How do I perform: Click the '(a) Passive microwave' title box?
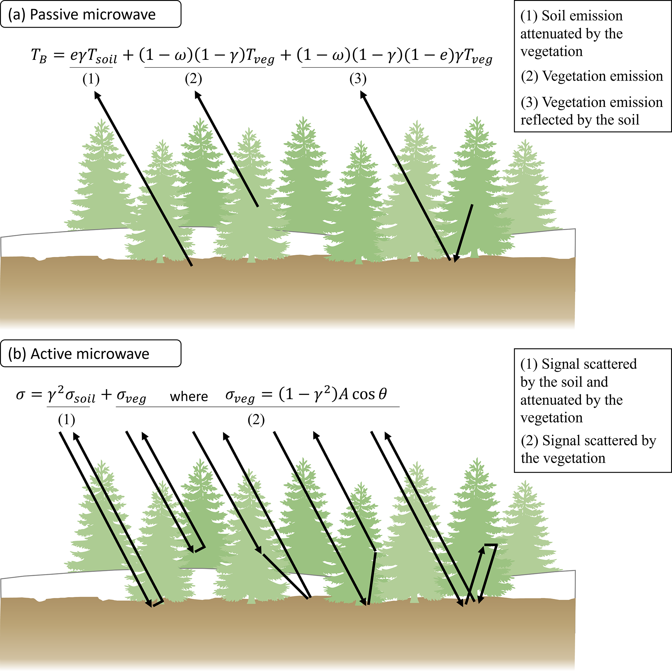[x=90, y=14]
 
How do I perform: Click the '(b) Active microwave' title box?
[x=90, y=354]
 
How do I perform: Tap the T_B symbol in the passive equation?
[x=39, y=56]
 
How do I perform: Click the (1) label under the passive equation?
[x=91, y=79]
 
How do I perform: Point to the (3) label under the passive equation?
[x=358, y=79]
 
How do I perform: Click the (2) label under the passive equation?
[x=193, y=79]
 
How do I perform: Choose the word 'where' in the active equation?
[x=189, y=396]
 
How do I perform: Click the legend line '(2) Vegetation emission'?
[x=592, y=76]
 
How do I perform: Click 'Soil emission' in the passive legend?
[x=582, y=16]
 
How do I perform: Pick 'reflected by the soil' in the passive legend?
[x=580, y=120]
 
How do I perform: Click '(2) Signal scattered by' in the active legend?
[x=588, y=441]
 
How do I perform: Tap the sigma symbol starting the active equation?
[x=20, y=395]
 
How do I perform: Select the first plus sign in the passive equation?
[x=128, y=56]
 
